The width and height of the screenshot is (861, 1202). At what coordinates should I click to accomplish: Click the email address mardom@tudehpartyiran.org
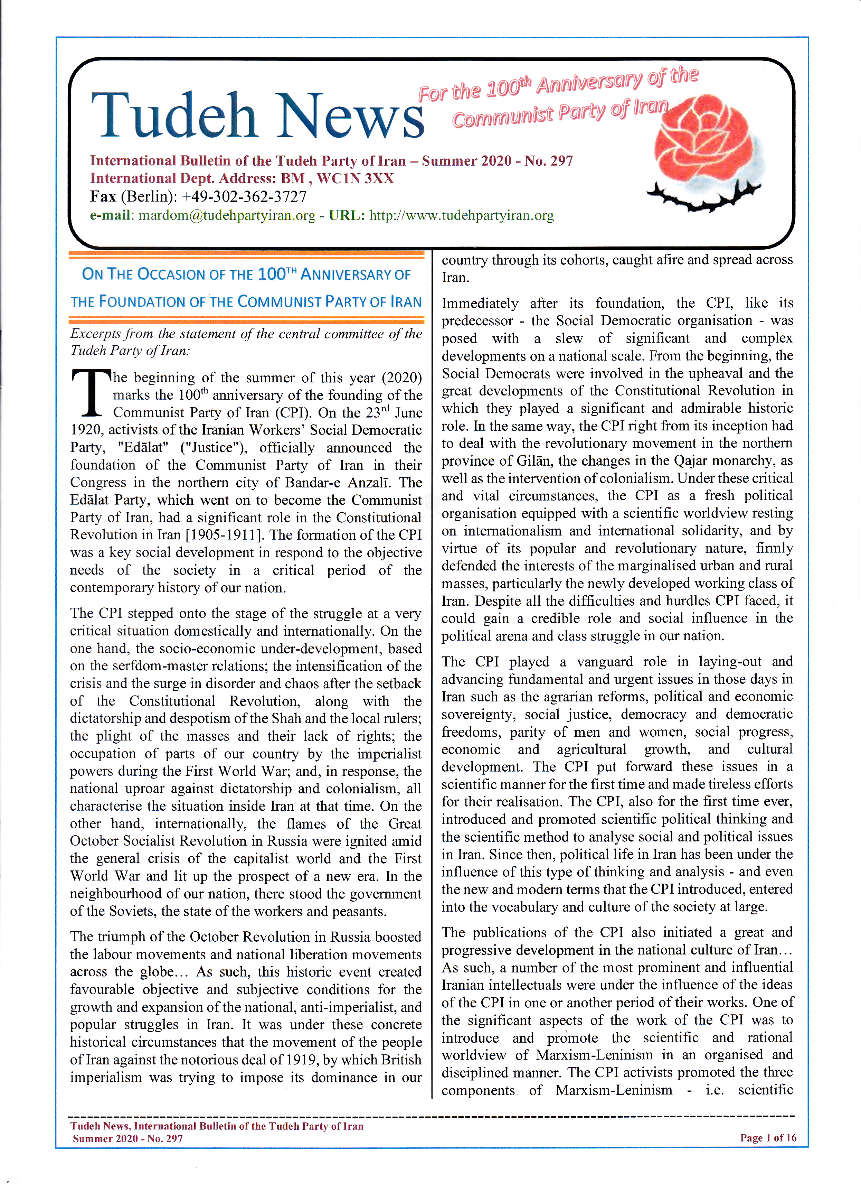pyautogui.click(x=227, y=216)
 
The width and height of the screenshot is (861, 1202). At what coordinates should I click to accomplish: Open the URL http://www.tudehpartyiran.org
pyautogui.click(x=462, y=216)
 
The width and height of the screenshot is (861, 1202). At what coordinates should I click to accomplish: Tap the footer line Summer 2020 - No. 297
pyautogui.click(x=128, y=1138)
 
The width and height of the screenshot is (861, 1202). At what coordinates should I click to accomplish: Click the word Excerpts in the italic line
pyautogui.click(x=95, y=334)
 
